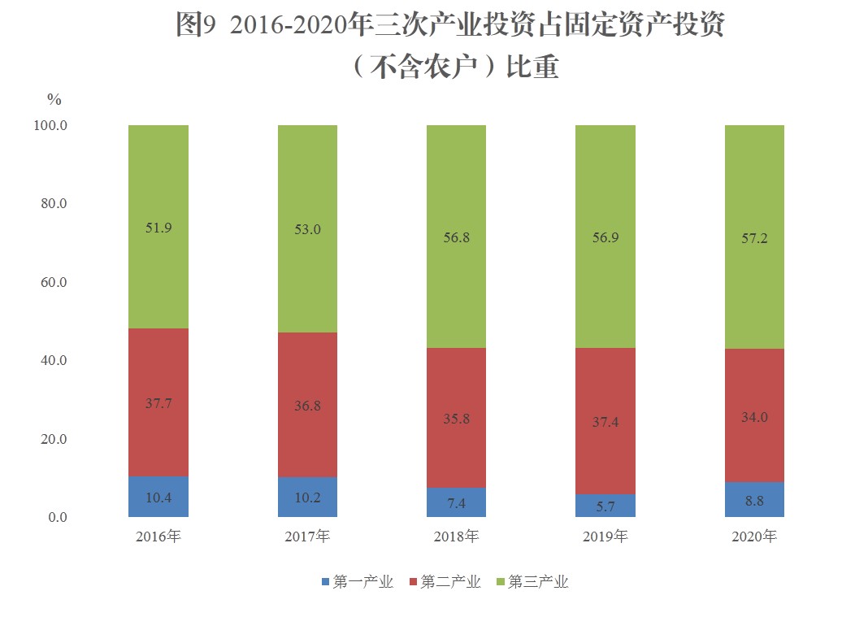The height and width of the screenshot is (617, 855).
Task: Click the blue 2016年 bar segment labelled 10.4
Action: (158, 496)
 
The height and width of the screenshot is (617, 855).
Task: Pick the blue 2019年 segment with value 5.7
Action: (605, 506)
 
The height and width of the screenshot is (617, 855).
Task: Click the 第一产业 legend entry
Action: (358, 582)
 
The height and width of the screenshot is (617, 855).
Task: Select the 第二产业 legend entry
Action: (445, 582)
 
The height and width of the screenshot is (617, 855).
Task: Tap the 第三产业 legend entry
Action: (533, 582)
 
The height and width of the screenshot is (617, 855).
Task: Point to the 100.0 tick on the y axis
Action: (51, 126)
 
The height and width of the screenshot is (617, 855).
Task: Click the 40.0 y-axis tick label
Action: (53, 361)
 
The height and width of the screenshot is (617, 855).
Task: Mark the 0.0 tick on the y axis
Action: (56, 518)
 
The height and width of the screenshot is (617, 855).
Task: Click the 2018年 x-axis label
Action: (456, 537)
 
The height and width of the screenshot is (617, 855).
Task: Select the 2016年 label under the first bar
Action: (158, 537)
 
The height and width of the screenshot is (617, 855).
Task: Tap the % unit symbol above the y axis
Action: (54, 100)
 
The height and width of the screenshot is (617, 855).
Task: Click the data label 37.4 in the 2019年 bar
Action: (605, 422)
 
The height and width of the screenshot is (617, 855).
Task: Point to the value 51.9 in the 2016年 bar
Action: (158, 228)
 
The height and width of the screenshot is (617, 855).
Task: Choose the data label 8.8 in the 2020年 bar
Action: (754, 502)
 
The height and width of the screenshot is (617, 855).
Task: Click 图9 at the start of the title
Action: (195, 26)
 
